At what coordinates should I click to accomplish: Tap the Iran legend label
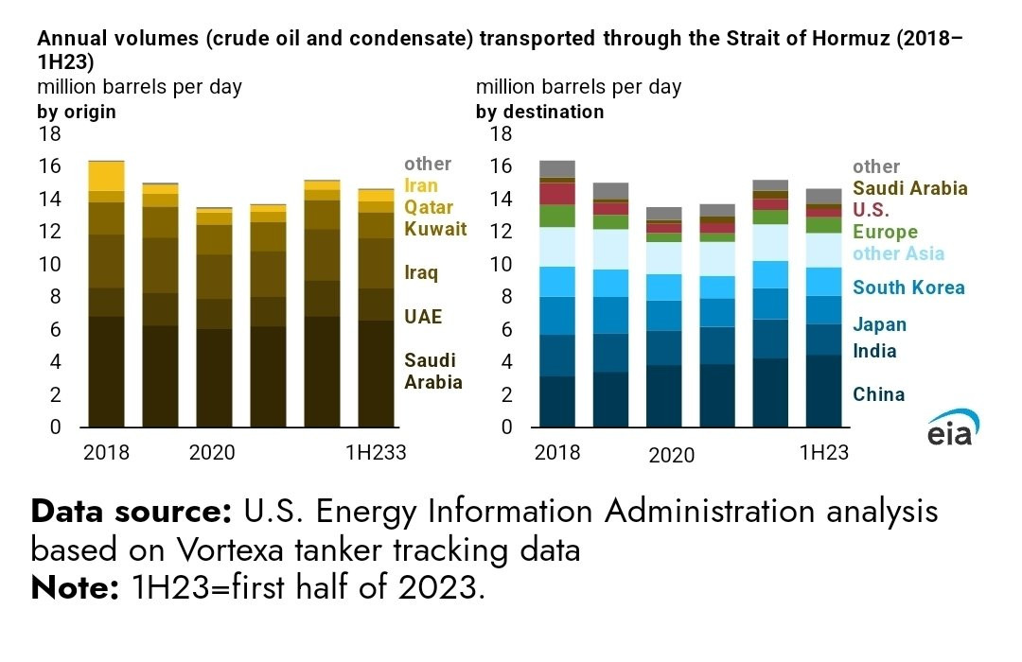pos(421,185)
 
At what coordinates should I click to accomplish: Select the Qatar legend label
pos(429,207)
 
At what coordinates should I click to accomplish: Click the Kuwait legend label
pos(435,229)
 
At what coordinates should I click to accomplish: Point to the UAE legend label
pos(423,317)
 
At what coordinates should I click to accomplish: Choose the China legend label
pos(878,394)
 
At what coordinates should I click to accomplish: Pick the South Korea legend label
pos(908,287)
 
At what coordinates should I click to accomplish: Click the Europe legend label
pos(885,232)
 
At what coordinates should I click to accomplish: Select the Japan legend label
pos(879,325)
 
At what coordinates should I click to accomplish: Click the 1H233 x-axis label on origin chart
pos(375,453)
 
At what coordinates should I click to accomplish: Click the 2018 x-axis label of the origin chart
pos(106,453)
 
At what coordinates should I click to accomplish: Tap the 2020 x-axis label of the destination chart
pos(671,456)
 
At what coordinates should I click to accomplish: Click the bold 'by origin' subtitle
pos(77,112)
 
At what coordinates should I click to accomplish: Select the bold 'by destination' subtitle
pos(539,112)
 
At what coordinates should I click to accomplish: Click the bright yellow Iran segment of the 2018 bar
pos(106,176)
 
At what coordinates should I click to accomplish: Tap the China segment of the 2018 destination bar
pos(556,402)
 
